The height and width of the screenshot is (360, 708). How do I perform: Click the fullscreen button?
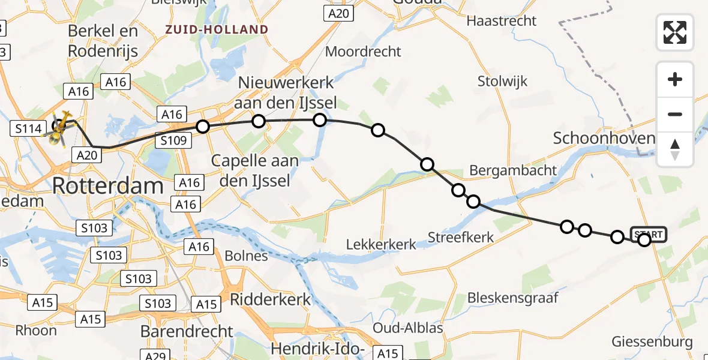coord(675,32)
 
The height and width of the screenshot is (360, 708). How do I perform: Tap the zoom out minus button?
coord(675,114)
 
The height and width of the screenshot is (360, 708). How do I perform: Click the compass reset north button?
coord(675,149)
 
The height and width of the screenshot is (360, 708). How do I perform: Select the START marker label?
coord(648,234)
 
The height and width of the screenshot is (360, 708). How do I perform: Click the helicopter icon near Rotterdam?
coord(61,128)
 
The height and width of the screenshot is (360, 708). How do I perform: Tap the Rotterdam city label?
coord(108,185)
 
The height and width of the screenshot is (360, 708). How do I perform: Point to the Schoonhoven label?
coord(604,139)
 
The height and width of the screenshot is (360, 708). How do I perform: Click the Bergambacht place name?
coord(513,170)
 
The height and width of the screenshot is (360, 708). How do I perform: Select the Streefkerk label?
coord(461,238)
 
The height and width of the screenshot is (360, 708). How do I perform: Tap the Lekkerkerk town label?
coord(381,244)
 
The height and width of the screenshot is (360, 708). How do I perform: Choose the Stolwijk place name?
coord(503,81)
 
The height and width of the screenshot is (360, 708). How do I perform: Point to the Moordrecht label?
coord(363,51)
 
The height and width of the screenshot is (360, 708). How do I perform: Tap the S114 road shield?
coord(28,128)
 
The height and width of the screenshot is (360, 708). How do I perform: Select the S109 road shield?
coord(173,141)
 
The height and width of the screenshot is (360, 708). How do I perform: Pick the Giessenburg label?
coord(652,342)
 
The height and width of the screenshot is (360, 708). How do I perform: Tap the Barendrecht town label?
coord(187,331)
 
